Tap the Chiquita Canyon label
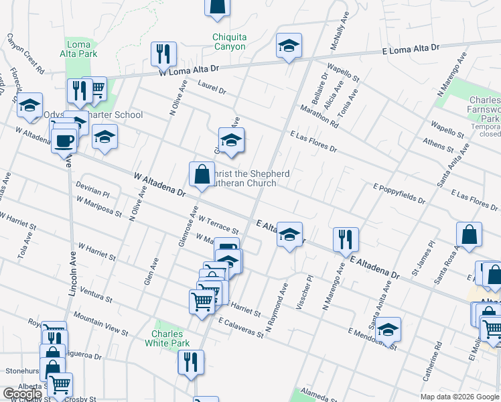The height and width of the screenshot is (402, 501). [229, 42]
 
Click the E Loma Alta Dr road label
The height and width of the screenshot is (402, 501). [410, 49]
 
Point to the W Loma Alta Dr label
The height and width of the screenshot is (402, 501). [189, 68]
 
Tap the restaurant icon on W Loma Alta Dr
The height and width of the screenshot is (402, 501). [163, 53]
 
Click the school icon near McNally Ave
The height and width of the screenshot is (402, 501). [289, 46]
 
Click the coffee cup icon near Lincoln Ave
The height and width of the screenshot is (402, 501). [64, 141]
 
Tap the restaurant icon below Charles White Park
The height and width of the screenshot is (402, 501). [191, 362]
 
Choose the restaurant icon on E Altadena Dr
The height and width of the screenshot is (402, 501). [346, 239]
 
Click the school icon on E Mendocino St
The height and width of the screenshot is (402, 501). [388, 329]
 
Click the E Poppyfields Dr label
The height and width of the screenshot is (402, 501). [399, 194]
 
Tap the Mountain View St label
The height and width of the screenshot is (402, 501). [100, 324]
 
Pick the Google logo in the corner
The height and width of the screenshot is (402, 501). [22, 394]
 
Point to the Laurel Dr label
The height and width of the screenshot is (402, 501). [212, 86]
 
